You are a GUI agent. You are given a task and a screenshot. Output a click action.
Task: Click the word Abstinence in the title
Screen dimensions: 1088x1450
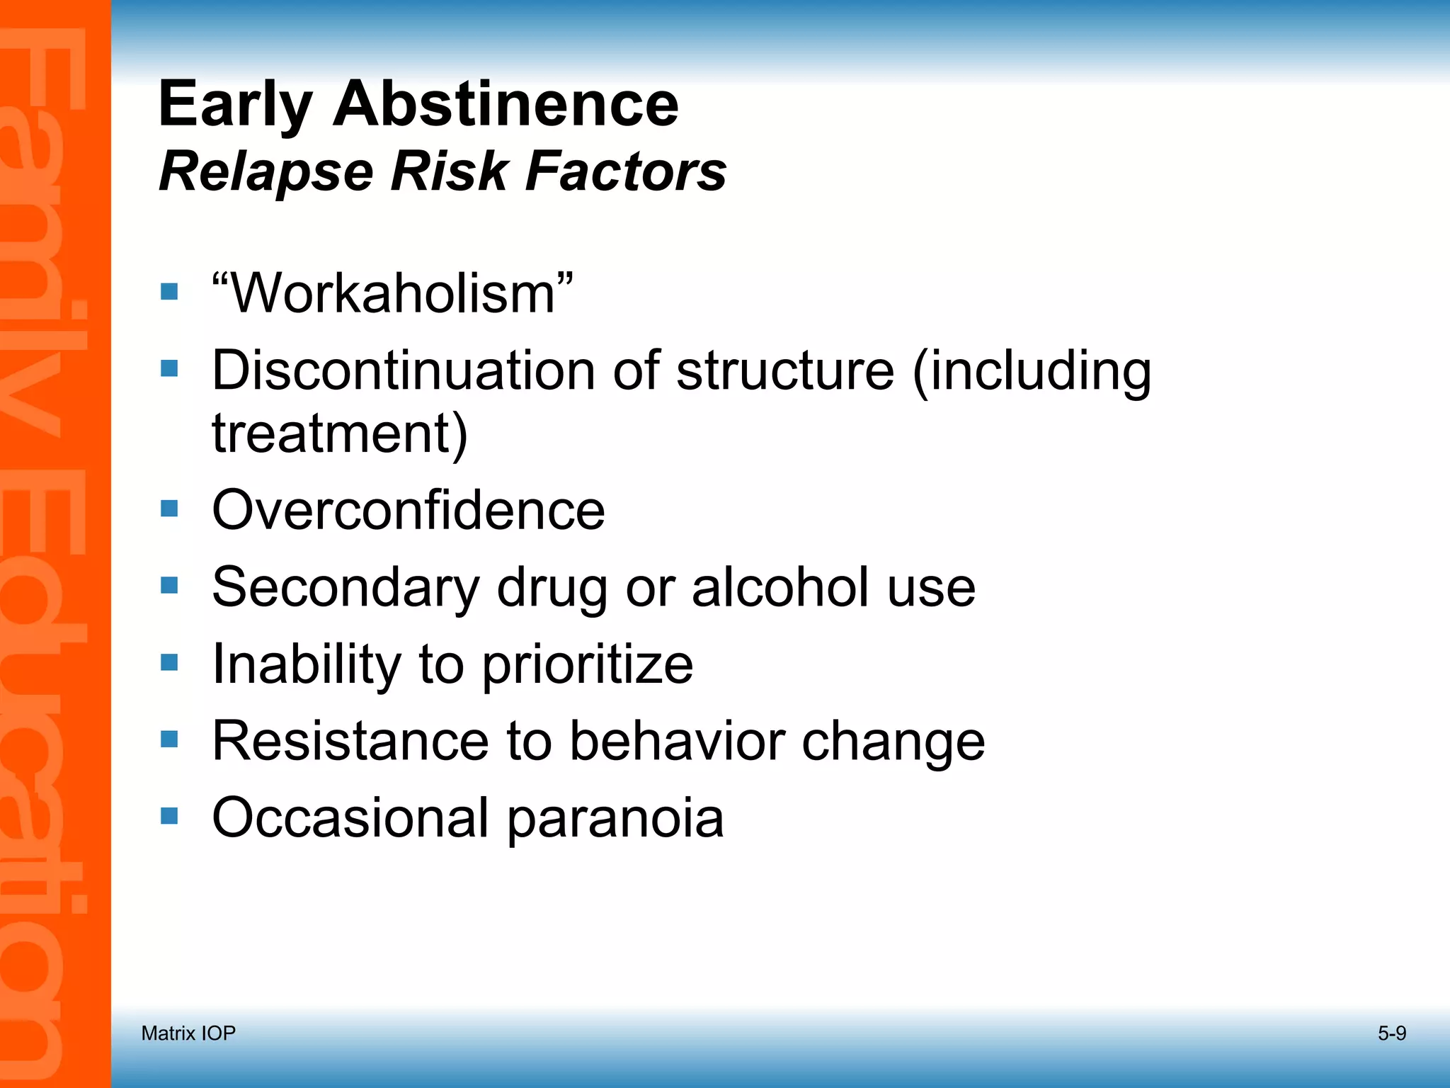[x=506, y=104]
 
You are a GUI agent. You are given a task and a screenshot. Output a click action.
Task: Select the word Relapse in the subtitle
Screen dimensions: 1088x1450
[x=266, y=172]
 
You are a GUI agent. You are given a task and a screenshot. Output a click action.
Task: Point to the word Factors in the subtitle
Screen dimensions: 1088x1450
[x=626, y=171]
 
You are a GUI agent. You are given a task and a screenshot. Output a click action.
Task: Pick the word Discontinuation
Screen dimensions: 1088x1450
[x=404, y=370]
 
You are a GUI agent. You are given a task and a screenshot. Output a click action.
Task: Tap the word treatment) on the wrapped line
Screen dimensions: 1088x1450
[x=340, y=433]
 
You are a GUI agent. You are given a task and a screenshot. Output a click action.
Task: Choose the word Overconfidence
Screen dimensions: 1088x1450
[x=409, y=509]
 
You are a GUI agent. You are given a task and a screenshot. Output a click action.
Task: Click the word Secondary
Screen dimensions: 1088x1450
[x=346, y=587]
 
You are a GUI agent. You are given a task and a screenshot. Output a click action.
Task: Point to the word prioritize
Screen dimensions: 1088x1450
[x=588, y=665]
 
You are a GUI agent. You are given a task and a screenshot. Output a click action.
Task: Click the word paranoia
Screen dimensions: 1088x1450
[x=615, y=819]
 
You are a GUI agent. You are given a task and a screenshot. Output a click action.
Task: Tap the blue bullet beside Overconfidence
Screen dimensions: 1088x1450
[x=169, y=509]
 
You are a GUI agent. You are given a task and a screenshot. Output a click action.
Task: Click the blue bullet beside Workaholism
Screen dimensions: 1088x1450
[x=169, y=291]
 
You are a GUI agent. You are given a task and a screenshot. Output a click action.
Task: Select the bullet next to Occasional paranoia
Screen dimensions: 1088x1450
[x=169, y=816]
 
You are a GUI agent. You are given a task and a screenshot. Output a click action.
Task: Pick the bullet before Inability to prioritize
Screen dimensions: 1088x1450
[x=169, y=662]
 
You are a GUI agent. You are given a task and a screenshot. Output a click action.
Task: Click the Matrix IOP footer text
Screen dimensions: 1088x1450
[x=188, y=1033]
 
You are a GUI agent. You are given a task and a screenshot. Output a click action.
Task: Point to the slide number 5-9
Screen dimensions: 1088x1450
[x=1391, y=1033]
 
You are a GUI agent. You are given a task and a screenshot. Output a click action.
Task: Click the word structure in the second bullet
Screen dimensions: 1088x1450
[x=785, y=370]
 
